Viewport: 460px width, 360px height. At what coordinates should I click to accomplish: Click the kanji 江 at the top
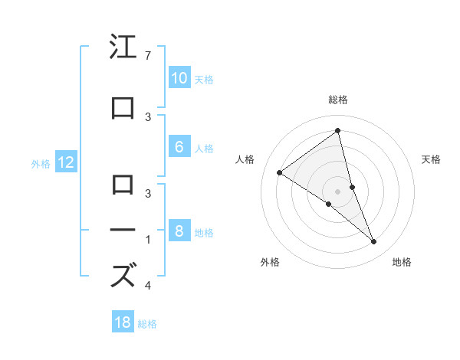click(x=123, y=47)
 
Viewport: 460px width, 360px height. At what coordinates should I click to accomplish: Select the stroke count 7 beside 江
click(x=147, y=56)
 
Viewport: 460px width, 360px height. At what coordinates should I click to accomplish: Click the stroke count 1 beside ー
click(x=147, y=240)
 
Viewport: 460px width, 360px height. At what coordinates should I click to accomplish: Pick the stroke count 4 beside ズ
click(x=147, y=286)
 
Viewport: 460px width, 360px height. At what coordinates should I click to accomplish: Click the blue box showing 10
click(x=179, y=78)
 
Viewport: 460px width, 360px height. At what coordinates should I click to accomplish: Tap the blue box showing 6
click(x=179, y=148)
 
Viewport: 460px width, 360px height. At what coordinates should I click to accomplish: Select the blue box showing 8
click(x=179, y=231)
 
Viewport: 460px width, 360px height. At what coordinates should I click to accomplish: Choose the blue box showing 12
click(x=66, y=162)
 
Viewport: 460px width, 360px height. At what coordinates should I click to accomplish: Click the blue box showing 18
click(x=123, y=322)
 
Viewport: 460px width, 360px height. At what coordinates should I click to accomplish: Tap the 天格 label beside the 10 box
click(x=204, y=79)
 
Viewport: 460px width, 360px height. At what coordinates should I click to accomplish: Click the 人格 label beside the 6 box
click(x=204, y=149)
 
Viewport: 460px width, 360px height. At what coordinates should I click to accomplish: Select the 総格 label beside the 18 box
click(x=147, y=323)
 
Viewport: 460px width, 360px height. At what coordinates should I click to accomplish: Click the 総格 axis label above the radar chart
click(x=337, y=100)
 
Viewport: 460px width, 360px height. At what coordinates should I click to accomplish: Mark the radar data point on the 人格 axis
click(x=280, y=172)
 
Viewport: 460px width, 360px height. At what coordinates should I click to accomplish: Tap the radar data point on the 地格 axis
click(x=374, y=242)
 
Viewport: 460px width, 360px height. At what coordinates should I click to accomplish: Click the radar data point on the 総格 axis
click(x=337, y=131)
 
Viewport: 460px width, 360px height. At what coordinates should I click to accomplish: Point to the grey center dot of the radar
click(x=337, y=191)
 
